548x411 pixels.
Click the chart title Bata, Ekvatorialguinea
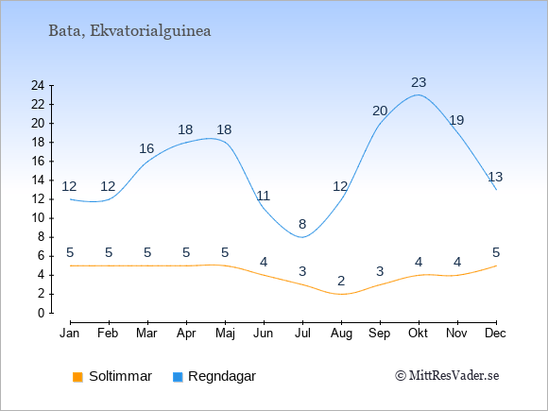click(129, 31)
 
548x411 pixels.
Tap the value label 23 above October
click(419, 82)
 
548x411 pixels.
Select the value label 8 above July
click(302, 224)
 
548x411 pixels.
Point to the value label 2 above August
click(341, 281)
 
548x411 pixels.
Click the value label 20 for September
click(380, 111)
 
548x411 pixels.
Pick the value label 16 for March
click(146, 148)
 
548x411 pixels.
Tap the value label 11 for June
click(264, 196)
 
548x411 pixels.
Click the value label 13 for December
click(495, 177)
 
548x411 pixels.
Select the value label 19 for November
click(456, 120)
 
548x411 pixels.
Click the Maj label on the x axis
click(225, 334)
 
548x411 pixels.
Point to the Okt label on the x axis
click(418, 334)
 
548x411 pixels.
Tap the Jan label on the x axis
click(70, 334)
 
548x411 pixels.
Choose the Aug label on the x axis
click(341, 334)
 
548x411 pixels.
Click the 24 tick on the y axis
click(38, 85)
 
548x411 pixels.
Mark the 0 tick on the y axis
click(42, 313)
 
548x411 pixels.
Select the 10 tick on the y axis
click(38, 218)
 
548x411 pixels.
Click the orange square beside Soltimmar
click(77, 377)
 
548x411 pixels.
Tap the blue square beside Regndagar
click(178, 377)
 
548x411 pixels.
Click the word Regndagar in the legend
click(222, 377)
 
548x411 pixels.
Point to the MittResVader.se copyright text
click(447, 376)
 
